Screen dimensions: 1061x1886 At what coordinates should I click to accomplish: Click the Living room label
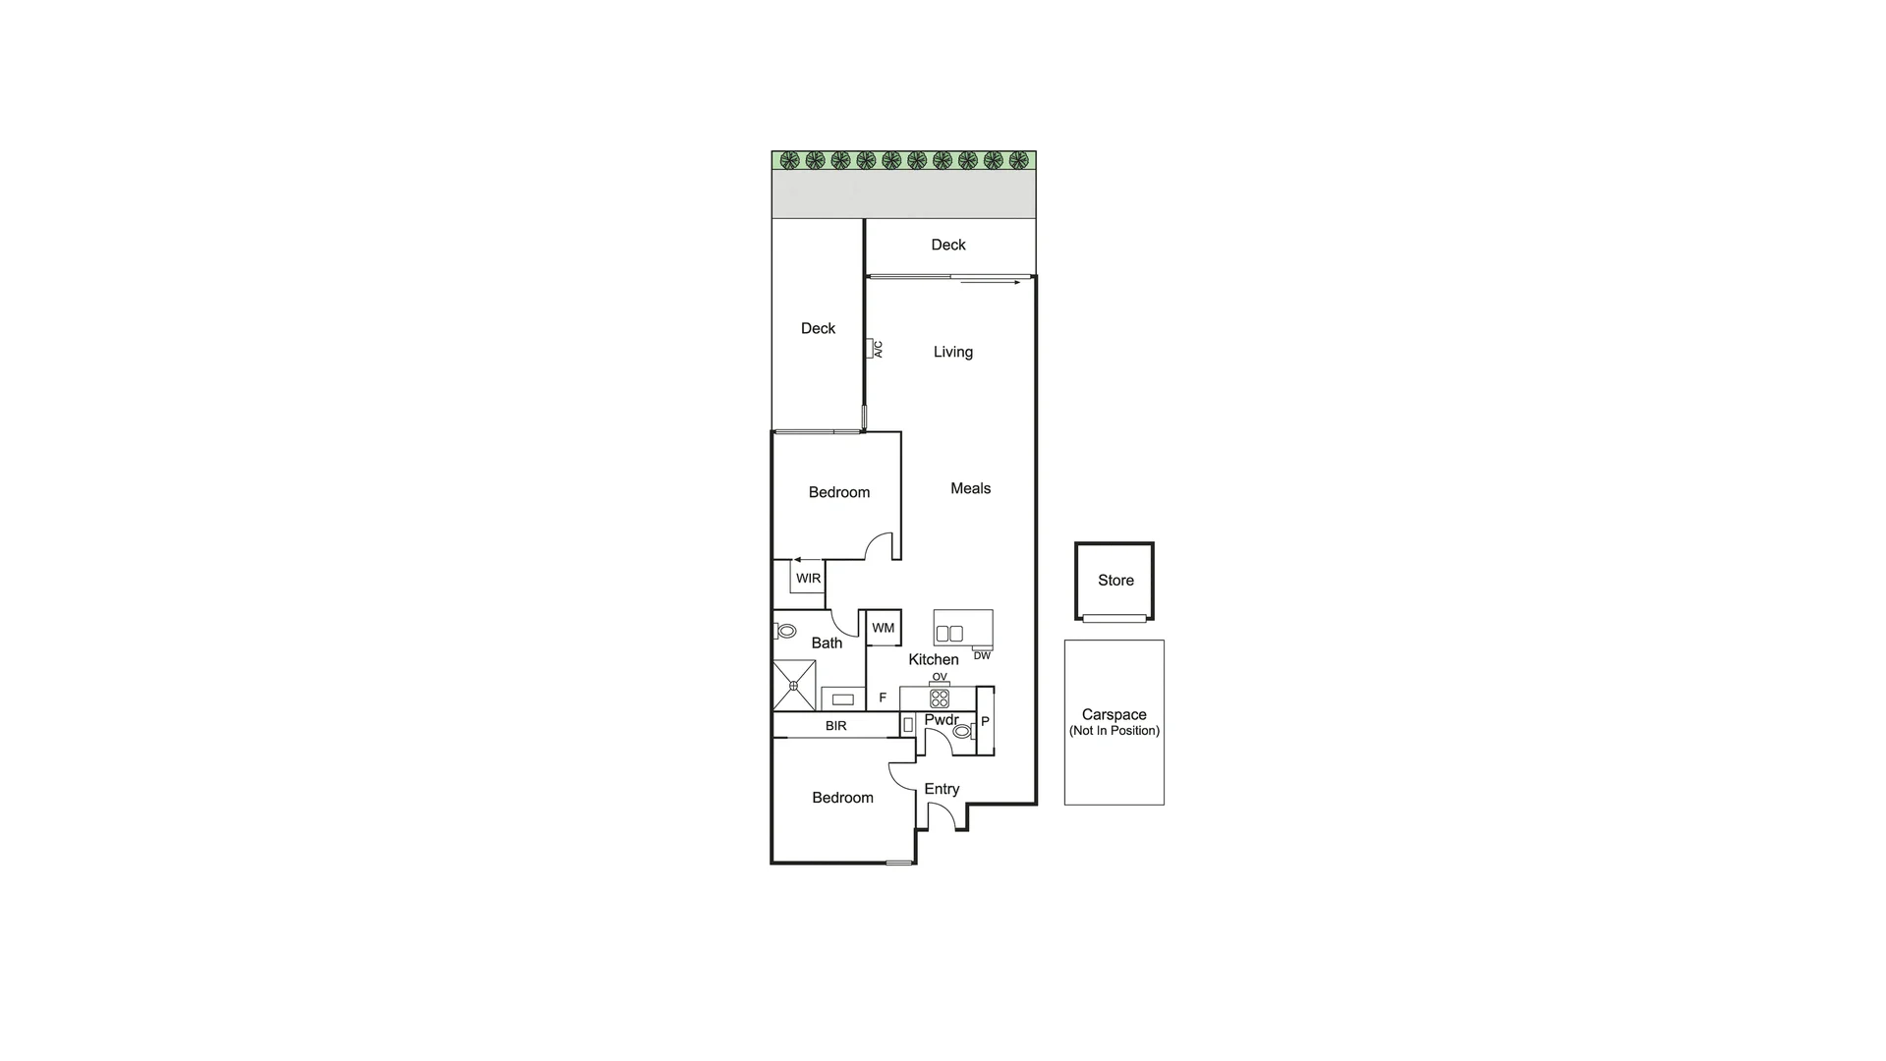[x=952, y=352]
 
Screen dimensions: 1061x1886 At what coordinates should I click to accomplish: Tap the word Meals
[x=970, y=488]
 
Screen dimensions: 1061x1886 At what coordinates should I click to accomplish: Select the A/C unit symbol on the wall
[x=872, y=348]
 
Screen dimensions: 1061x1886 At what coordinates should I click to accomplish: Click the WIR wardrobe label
[x=808, y=579]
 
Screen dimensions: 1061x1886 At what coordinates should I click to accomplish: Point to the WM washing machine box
[x=883, y=628]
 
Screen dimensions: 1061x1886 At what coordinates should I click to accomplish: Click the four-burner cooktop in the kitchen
[x=940, y=698]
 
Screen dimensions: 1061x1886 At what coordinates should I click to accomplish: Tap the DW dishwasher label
[x=982, y=655]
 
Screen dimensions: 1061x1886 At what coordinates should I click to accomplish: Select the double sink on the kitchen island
[x=949, y=634]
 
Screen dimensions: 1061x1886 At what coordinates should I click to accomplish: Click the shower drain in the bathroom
[x=793, y=686]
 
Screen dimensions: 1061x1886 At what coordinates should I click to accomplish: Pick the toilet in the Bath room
[x=785, y=631]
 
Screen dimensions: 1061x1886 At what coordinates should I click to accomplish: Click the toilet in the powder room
[x=962, y=731]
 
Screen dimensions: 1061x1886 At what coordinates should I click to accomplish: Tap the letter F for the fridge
[x=883, y=698]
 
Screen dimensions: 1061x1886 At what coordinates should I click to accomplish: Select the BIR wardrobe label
[x=835, y=726]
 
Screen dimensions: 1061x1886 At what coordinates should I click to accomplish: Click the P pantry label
[x=985, y=722]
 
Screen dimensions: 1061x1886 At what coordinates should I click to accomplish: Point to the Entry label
[x=942, y=789]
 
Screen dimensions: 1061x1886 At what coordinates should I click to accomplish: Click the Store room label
[x=1115, y=581]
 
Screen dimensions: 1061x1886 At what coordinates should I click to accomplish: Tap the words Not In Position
[x=1114, y=731]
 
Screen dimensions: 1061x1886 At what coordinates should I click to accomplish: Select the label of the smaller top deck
[x=948, y=245]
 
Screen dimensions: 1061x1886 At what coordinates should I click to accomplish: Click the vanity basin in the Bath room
[x=843, y=699]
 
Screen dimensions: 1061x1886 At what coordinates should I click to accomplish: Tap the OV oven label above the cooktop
[x=940, y=677]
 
